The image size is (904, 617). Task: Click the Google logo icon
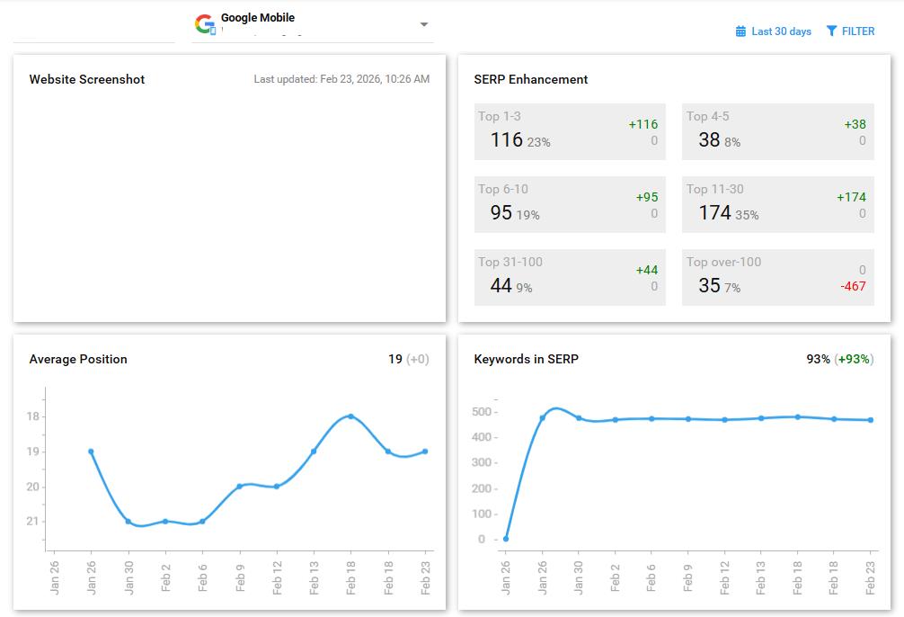point(205,23)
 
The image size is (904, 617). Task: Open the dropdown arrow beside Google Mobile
point(424,24)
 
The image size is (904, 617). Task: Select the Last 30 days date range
point(774,31)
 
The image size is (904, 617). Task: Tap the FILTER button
point(850,31)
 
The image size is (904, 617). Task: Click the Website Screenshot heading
point(87,79)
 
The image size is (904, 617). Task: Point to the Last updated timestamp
point(341,79)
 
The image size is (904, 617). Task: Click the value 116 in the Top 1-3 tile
point(507,139)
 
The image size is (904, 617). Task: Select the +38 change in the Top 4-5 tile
point(855,124)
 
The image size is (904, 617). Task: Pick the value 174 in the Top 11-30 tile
point(715,212)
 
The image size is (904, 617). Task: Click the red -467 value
point(853,286)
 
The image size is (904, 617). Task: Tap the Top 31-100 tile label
point(510,262)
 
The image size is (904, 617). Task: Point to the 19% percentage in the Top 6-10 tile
point(528,215)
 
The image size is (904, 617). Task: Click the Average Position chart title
point(78,359)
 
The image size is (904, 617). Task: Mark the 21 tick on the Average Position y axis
point(33,522)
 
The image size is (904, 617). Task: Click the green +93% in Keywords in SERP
point(854,359)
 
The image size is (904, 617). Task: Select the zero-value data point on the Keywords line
point(506,539)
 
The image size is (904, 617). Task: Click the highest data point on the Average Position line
point(350,416)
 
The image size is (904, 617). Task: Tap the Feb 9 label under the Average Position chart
point(240,574)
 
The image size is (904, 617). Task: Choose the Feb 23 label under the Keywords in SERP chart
point(871,574)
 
